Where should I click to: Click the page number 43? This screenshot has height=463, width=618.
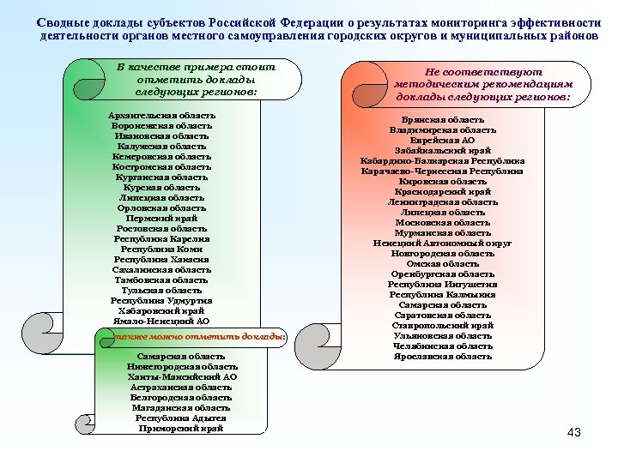click(574, 433)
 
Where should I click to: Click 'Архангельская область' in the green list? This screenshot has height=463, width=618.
click(162, 115)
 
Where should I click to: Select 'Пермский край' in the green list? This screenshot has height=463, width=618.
click(162, 219)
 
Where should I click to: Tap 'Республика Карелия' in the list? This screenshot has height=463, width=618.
click(162, 239)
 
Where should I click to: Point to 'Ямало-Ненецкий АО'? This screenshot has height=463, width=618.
click(162, 322)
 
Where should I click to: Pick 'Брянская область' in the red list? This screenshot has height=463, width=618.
click(443, 119)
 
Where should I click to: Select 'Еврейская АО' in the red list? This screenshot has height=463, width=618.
click(443, 140)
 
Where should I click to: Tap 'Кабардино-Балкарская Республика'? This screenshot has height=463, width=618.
click(443, 160)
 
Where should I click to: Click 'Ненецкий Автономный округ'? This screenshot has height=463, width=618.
click(443, 243)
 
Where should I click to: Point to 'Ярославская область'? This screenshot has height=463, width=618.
click(443, 356)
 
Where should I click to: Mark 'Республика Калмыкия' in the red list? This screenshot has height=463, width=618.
click(443, 294)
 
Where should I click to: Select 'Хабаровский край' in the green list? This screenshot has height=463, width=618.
click(162, 311)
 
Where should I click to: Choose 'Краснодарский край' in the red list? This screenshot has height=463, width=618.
click(443, 191)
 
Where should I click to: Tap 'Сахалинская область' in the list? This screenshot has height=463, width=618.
click(162, 270)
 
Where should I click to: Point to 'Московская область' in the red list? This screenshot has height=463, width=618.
click(443, 222)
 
